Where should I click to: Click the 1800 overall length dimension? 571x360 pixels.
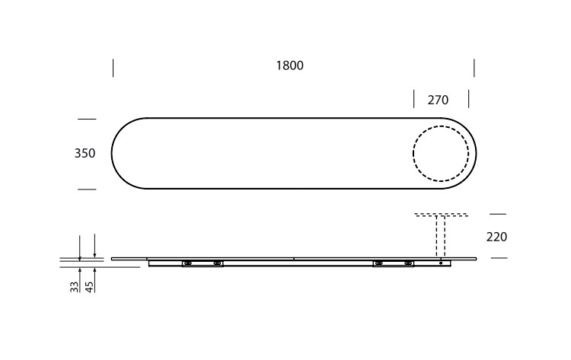pos(289,65)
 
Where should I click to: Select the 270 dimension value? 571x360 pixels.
pos(438,100)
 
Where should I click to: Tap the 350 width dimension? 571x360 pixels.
pos(85,153)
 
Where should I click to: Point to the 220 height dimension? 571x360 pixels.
pos(496,237)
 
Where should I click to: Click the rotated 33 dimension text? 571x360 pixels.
pos(75,286)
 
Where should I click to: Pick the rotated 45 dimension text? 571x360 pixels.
pos(89,286)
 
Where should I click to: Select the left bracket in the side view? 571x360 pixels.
pos(203,263)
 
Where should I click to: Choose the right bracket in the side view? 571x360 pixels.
pos(394,263)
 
